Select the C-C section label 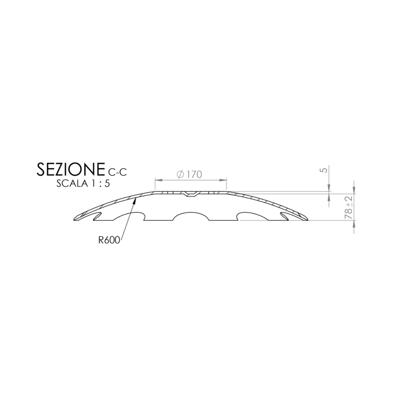click(117, 172)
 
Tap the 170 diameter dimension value click(194, 174)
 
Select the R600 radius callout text click(110, 239)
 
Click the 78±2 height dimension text click(349, 207)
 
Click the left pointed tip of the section click(74, 217)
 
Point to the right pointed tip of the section click(307, 217)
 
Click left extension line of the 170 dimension click(154, 186)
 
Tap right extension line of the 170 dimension click(227, 186)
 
